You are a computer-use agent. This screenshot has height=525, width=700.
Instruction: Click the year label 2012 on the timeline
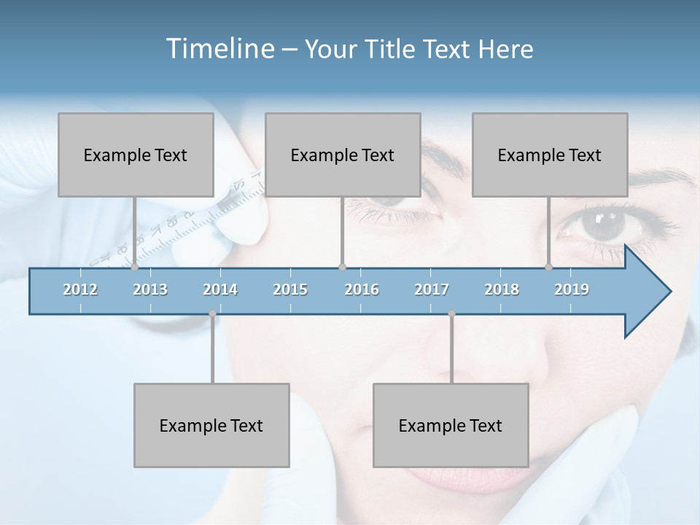tap(80, 289)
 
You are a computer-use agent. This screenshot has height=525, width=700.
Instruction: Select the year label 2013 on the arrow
tap(150, 289)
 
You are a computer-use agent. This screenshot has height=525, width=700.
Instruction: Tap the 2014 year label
tap(220, 289)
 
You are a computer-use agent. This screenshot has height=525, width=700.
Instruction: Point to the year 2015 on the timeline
tap(290, 289)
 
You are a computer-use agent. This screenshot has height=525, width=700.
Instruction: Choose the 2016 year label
tap(362, 289)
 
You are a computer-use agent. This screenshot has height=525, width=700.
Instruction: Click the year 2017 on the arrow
tap(432, 289)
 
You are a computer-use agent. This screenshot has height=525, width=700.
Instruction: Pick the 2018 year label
tap(502, 289)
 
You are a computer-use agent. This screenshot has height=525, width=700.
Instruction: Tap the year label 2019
tap(572, 289)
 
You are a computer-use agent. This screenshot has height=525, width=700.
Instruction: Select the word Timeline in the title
tap(219, 49)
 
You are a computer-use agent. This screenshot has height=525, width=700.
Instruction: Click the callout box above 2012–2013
tap(136, 155)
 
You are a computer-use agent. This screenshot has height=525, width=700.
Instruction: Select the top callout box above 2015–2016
tap(343, 155)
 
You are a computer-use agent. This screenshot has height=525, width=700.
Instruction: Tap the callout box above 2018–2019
tap(550, 155)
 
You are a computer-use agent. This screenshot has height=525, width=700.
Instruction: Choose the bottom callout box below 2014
tap(211, 425)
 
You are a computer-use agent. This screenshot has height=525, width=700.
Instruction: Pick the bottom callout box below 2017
tap(451, 425)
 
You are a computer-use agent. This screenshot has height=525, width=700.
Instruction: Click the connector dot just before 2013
tap(134, 268)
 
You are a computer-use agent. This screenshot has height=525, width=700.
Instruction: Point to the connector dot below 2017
tap(452, 314)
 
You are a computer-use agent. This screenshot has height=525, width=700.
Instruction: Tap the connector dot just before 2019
tap(549, 268)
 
